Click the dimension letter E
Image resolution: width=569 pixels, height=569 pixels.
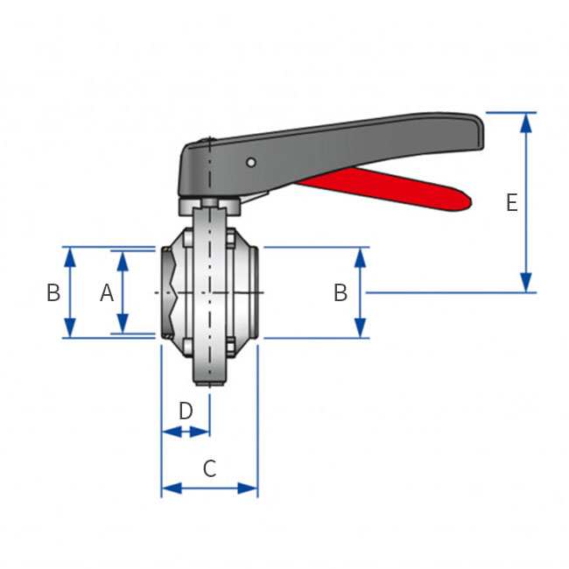click(512, 202)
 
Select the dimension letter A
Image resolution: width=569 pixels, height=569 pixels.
click(107, 292)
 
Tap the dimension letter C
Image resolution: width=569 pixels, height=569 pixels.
click(210, 468)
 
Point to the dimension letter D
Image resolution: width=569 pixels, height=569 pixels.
click(186, 411)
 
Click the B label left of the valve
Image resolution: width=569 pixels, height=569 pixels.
click(53, 292)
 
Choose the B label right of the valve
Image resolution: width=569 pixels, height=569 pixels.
click(341, 292)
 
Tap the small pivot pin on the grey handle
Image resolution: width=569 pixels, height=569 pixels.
click(250, 162)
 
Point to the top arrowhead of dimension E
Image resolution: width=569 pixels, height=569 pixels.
click(525, 123)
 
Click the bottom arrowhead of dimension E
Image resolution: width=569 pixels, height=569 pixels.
click(525, 283)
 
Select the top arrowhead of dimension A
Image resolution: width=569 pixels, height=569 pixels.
click(123, 261)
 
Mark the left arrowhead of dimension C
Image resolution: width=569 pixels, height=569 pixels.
click(172, 488)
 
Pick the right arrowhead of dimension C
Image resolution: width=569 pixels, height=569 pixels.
click(248, 488)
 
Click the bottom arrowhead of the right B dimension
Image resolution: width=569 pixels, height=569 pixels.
click(360, 327)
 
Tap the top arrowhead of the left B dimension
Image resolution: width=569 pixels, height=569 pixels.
click(70, 257)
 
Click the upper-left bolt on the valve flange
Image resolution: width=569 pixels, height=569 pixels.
click(187, 238)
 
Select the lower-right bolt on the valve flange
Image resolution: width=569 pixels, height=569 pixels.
click(230, 347)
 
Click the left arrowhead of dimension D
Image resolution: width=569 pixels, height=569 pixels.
click(172, 432)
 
